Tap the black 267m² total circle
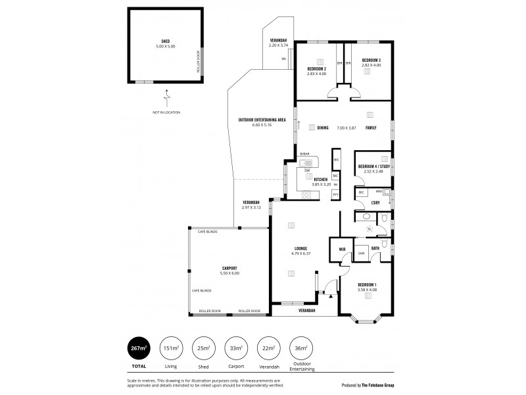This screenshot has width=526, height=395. (137, 348)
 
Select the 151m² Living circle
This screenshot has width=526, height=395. (170, 348)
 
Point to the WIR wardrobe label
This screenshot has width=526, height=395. (342, 249)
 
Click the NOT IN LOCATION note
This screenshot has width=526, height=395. (166, 113)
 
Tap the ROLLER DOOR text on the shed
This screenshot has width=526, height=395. (198, 63)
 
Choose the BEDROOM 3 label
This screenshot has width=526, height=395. (371, 61)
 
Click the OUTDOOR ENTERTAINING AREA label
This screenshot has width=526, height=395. (261, 119)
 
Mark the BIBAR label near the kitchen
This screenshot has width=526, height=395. (304, 153)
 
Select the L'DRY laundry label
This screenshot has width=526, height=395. (376, 202)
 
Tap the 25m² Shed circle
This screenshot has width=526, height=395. (203, 348)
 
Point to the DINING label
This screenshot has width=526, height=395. (323, 128)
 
